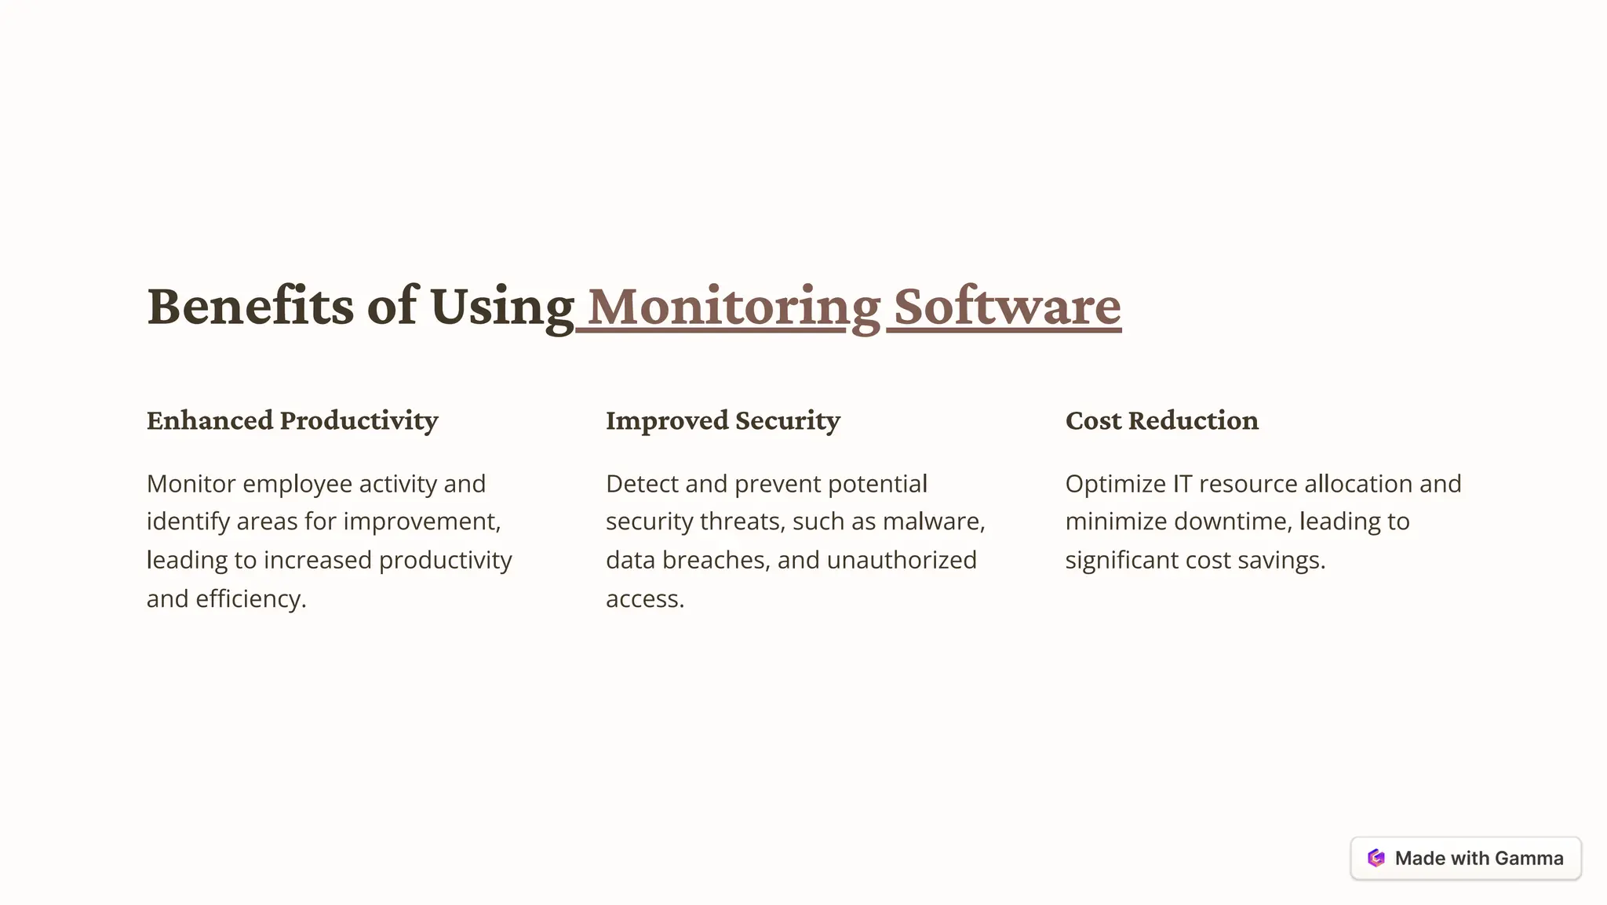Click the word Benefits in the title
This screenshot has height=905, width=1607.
point(250,306)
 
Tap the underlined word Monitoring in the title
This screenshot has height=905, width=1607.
point(734,306)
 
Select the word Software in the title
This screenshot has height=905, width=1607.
point(1008,306)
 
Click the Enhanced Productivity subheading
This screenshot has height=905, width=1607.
point(292,420)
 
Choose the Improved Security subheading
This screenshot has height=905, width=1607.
point(723,420)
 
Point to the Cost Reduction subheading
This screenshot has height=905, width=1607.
point(1161,420)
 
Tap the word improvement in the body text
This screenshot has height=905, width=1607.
point(421,522)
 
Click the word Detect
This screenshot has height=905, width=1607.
point(642,484)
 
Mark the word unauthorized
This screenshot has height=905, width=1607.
point(902,560)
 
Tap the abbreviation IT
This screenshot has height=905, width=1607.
point(1182,484)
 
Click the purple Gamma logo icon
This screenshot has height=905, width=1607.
point(1376,858)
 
